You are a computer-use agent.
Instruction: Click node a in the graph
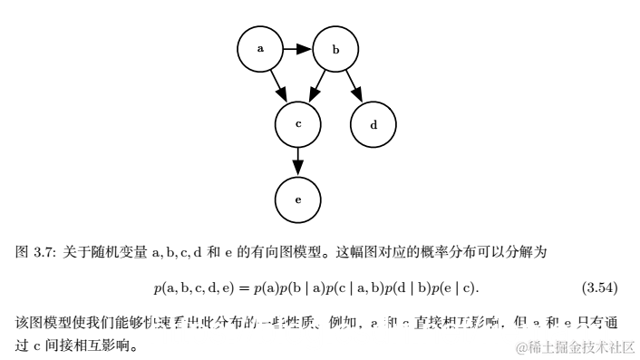pyautogui.click(x=261, y=49)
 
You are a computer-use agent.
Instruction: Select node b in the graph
pyautogui.click(x=335, y=49)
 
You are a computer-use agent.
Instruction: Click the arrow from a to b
pyautogui.click(x=297, y=49)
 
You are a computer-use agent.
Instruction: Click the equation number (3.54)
pyautogui.click(x=598, y=288)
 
